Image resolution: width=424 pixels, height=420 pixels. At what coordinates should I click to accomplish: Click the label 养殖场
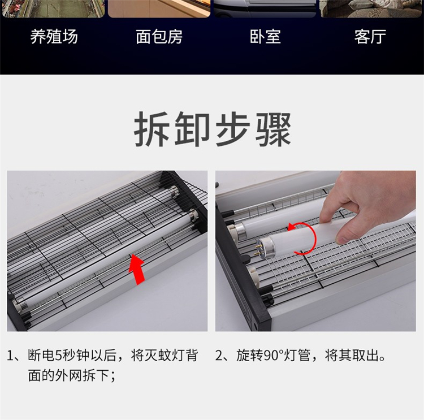[54, 37]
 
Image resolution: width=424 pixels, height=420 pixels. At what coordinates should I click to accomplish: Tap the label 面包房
[159, 37]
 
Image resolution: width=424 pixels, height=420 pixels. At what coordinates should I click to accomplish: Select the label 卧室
[265, 37]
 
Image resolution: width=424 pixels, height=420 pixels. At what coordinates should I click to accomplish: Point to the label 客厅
[370, 37]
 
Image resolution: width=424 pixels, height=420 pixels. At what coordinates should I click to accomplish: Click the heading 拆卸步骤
[213, 129]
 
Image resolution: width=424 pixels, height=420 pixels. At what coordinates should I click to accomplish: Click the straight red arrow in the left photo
[137, 270]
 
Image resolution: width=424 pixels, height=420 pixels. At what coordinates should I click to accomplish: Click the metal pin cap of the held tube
[262, 246]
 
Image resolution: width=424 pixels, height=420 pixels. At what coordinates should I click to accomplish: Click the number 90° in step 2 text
[274, 356]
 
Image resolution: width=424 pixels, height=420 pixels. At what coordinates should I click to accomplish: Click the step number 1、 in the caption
[16, 356]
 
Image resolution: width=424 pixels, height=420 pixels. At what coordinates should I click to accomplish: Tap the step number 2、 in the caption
[224, 356]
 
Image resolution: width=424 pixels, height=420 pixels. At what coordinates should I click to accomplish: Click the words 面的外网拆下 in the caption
[68, 376]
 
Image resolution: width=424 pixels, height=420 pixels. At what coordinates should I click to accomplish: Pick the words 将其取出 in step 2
[352, 356]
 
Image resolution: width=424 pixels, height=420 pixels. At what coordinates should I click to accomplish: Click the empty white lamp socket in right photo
[253, 276]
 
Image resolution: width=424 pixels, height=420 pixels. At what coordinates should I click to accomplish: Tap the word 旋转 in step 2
[250, 356]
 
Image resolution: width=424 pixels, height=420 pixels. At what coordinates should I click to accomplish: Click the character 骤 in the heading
[274, 129]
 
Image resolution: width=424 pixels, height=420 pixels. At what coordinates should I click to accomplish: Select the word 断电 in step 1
[41, 356]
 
